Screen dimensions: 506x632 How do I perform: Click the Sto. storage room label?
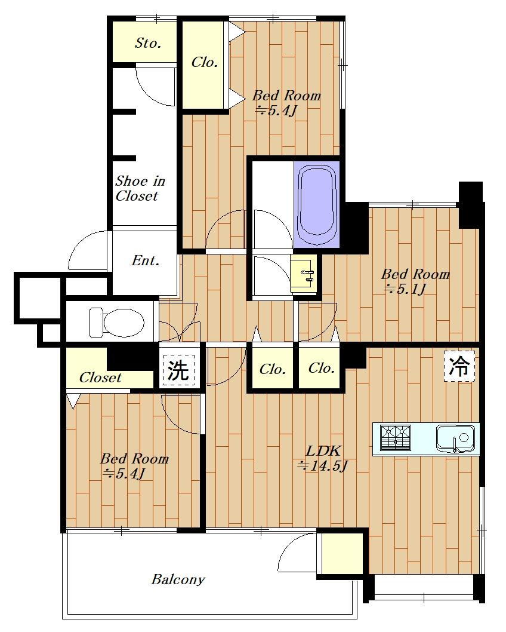coord(148,43)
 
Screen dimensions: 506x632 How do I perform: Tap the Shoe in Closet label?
coord(140,188)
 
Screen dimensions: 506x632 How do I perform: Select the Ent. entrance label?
coord(146,260)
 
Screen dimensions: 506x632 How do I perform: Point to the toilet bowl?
coord(117,323)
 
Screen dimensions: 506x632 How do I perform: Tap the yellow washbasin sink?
coord(304,276)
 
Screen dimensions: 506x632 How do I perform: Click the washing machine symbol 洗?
coord(178,369)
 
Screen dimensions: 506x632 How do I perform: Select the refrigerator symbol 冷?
coord(459,366)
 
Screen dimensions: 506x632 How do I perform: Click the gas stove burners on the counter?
coord(395,437)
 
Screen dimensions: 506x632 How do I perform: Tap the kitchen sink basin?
coord(455,438)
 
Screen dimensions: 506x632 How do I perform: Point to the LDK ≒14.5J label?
coord(322,458)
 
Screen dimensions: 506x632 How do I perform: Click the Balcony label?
coord(178,579)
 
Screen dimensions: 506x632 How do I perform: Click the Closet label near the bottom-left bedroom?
coord(100,378)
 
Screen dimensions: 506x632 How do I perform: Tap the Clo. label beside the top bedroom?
coord(205,62)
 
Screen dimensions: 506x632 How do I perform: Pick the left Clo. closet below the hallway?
coord(273,369)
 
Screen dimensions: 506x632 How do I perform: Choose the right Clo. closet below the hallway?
coord(321,368)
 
